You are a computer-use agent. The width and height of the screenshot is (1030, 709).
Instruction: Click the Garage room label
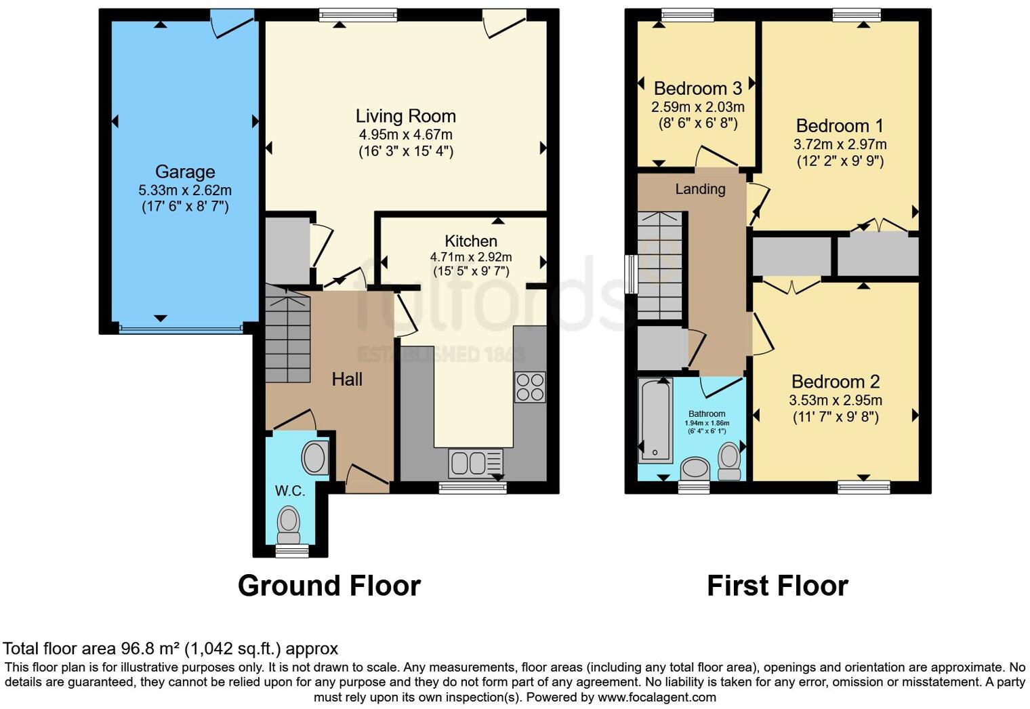click(x=185, y=172)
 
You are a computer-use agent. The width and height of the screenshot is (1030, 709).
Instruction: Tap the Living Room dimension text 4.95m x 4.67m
click(x=405, y=134)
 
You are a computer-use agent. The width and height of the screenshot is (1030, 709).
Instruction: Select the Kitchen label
click(x=471, y=241)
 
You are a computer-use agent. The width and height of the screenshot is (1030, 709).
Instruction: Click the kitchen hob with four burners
click(x=529, y=387)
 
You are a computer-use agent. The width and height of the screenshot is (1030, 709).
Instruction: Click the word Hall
click(x=347, y=380)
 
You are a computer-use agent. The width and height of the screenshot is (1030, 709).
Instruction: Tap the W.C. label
click(x=290, y=491)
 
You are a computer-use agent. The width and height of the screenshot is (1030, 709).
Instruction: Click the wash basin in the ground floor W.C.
click(x=314, y=458)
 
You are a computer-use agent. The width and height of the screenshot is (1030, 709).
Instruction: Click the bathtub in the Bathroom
click(x=655, y=420)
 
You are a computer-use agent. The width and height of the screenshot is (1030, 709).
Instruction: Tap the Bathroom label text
click(x=707, y=413)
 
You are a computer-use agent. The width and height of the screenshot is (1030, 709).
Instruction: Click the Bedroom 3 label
click(x=697, y=89)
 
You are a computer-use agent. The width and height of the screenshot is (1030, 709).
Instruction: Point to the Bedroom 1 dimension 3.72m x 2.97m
click(x=840, y=144)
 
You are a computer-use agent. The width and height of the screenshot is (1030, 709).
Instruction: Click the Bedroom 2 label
click(x=836, y=382)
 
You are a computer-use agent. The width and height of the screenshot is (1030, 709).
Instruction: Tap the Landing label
click(x=700, y=189)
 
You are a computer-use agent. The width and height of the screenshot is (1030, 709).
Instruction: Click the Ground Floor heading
click(x=329, y=586)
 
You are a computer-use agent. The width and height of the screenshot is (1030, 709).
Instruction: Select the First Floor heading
click(x=777, y=586)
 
